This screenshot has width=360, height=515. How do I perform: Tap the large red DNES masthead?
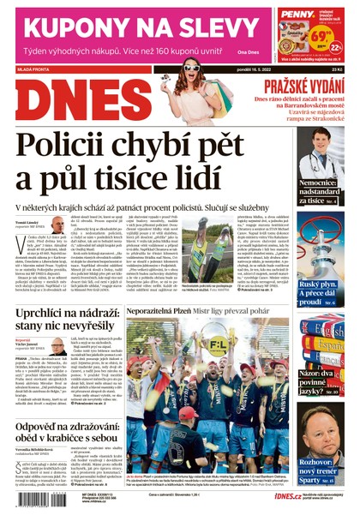click(73, 105)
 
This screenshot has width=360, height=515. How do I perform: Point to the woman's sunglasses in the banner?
click(190, 68)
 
